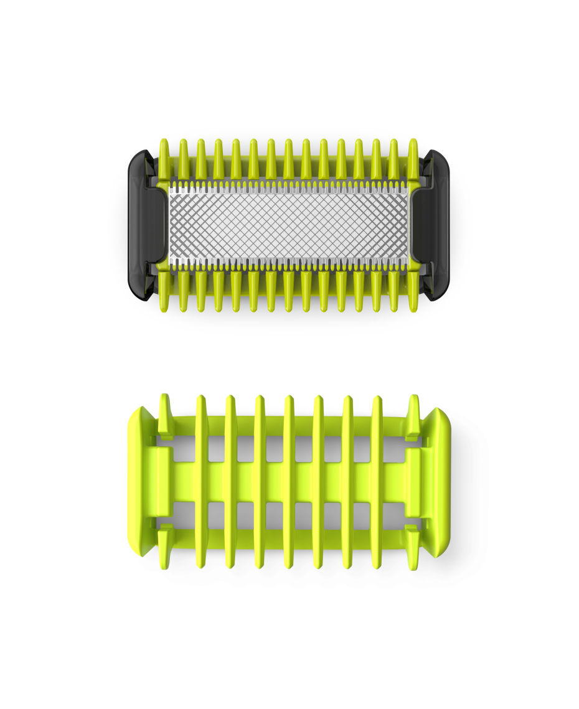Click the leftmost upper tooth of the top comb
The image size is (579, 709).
pyautogui.click(x=164, y=156)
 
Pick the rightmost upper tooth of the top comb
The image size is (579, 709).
pyautogui.click(x=413, y=156)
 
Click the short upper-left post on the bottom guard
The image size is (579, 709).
pyautogui.click(x=164, y=414)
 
